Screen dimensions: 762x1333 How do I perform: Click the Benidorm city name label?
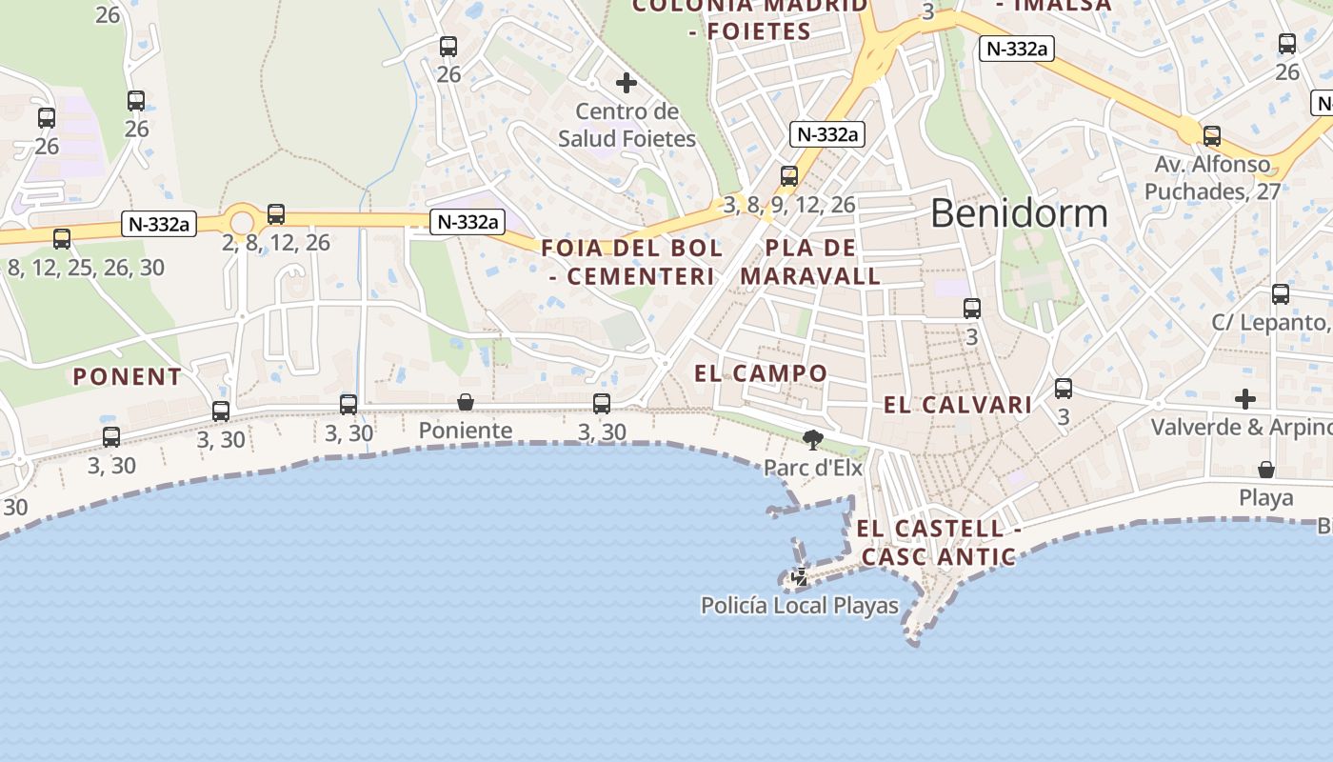click(1019, 213)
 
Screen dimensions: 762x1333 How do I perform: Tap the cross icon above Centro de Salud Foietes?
click(627, 83)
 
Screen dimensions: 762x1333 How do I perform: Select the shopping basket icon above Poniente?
click(466, 402)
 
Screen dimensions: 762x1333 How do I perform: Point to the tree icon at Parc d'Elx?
click(812, 439)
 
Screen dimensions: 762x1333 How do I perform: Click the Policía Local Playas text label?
click(799, 606)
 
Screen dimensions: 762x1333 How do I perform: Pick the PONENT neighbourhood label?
click(128, 377)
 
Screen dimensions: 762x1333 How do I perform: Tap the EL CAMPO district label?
click(761, 373)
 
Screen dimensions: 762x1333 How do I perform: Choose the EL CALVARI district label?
click(958, 405)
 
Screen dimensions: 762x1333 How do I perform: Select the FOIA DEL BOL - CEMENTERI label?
click(632, 262)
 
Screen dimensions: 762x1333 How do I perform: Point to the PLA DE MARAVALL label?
click(810, 262)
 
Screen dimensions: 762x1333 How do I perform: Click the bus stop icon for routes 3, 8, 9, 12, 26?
click(788, 176)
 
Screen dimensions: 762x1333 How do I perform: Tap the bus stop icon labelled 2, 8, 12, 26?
click(276, 214)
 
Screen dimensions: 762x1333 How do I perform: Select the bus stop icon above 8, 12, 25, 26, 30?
click(62, 239)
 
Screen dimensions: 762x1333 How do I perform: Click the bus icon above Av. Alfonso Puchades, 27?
click(1211, 136)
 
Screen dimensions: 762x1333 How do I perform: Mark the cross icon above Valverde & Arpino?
click(1245, 398)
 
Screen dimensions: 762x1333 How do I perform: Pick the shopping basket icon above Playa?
click(1266, 470)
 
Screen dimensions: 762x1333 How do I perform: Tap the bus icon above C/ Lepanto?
click(1281, 294)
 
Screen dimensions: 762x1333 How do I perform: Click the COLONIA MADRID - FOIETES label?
click(751, 17)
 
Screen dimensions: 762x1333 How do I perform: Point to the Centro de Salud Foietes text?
click(627, 125)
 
